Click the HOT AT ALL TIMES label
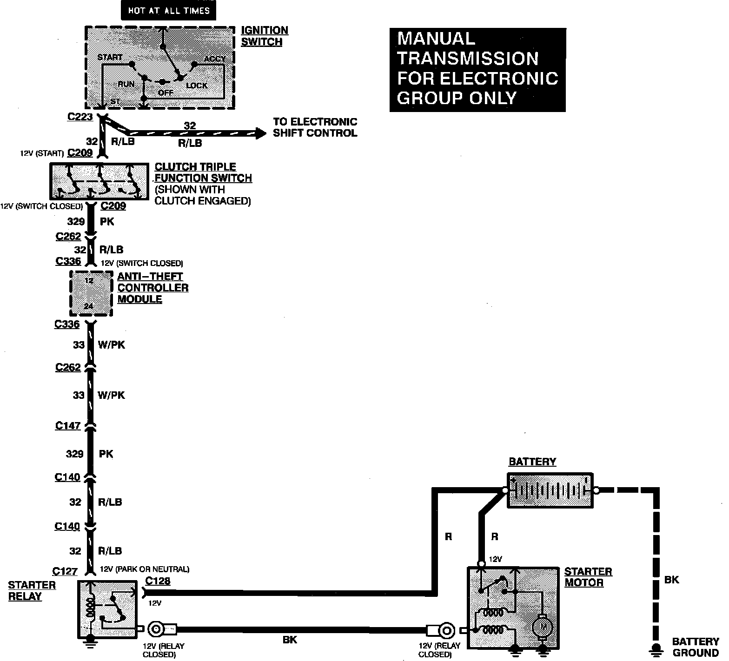click(x=168, y=10)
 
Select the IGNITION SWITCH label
click(x=264, y=36)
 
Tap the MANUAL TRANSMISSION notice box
click(x=477, y=70)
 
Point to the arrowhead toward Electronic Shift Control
click(x=260, y=133)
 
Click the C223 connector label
click(x=80, y=117)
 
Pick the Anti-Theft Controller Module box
click(x=91, y=293)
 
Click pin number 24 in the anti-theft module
click(x=88, y=306)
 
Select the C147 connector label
click(x=68, y=425)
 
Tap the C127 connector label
click(x=65, y=571)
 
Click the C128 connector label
click(x=158, y=581)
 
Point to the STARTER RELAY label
click(x=32, y=591)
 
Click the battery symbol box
click(x=550, y=490)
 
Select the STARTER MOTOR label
click(x=588, y=577)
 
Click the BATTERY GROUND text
click(x=695, y=647)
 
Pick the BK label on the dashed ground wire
click(x=671, y=580)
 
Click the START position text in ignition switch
click(x=110, y=57)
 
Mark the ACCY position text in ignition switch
click(x=215, y=59)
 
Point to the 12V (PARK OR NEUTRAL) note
click(x=145, y=569)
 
